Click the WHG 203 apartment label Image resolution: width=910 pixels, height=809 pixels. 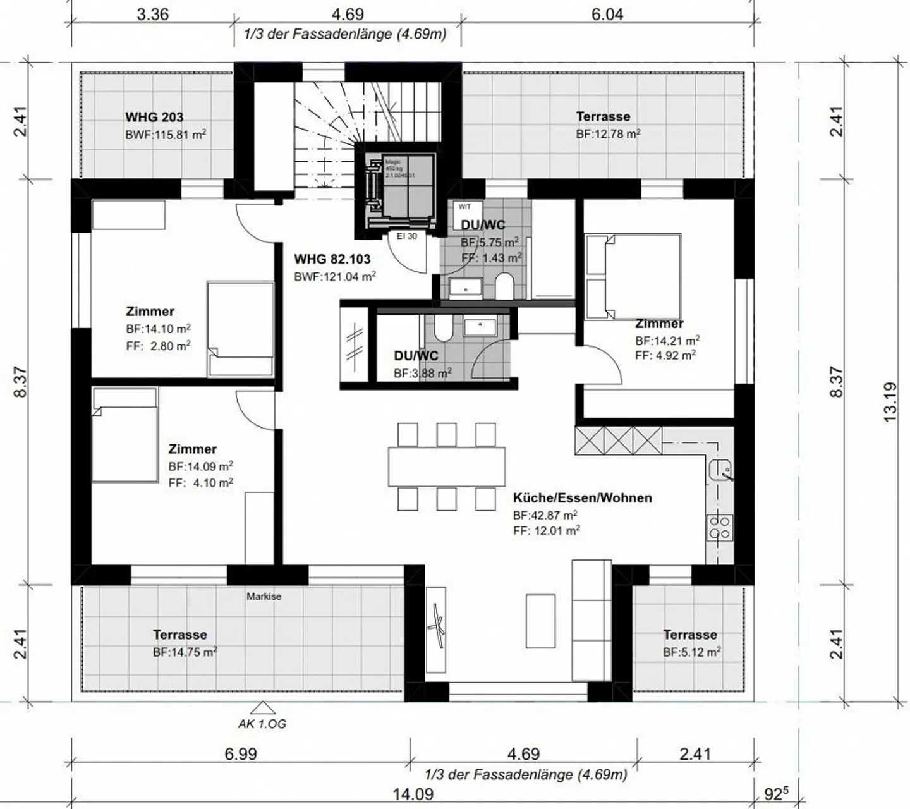point(154,117)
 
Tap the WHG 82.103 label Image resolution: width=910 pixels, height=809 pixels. point(332,259)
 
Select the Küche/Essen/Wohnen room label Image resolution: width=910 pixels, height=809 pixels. point(582,498)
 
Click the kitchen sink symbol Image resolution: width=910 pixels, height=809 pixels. point(720,470)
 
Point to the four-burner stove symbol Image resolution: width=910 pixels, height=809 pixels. point(720,526)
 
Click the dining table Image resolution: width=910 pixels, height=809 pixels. point(446,466)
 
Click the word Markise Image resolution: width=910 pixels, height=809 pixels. point(264,596)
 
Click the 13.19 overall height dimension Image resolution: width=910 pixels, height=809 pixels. point(890,402)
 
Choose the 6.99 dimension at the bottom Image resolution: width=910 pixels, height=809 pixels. point(241,754)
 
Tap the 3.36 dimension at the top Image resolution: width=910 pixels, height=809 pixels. point(153,14)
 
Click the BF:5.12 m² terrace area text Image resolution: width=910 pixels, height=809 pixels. point(692,652)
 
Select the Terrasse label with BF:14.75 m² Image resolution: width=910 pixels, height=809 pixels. point(179,635)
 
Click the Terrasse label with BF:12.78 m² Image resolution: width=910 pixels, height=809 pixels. point(603,116)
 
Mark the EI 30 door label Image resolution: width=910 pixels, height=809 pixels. point(406,236)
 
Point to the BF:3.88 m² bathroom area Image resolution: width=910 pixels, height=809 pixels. point(422,374)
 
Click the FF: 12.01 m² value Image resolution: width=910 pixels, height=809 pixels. point(547,531)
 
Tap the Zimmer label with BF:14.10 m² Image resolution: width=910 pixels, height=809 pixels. point(150,312)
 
